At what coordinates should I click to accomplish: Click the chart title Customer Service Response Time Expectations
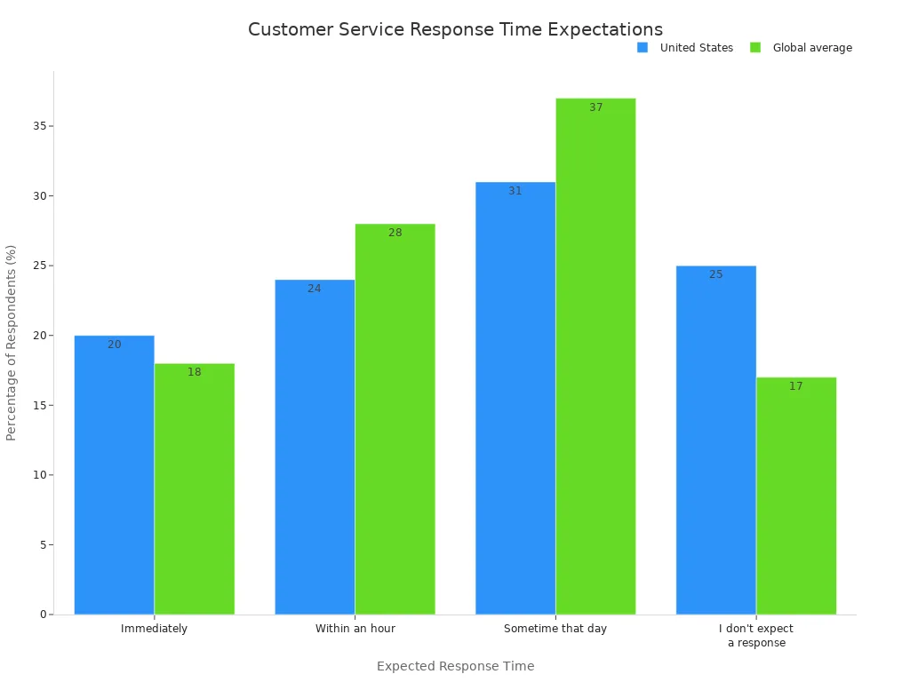point(455,29)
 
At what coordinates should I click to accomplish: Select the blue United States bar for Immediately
point(114,475)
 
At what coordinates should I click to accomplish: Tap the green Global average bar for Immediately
point(195,488)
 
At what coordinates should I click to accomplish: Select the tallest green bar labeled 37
point(595,356)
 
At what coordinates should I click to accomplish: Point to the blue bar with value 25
point(716,440)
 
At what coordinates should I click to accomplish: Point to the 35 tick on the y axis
point(39,126)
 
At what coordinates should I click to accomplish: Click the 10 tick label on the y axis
point(39,475)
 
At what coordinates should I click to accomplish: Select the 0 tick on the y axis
point(43,615)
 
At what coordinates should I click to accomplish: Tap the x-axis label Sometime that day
point(555,629)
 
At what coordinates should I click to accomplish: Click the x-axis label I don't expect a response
point(756,636)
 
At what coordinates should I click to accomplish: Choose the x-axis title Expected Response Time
point(455,666)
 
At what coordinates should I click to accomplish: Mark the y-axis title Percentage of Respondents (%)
point(12,342)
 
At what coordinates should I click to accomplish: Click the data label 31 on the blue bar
point(515,191)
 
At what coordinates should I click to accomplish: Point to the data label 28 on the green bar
point(395,233)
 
